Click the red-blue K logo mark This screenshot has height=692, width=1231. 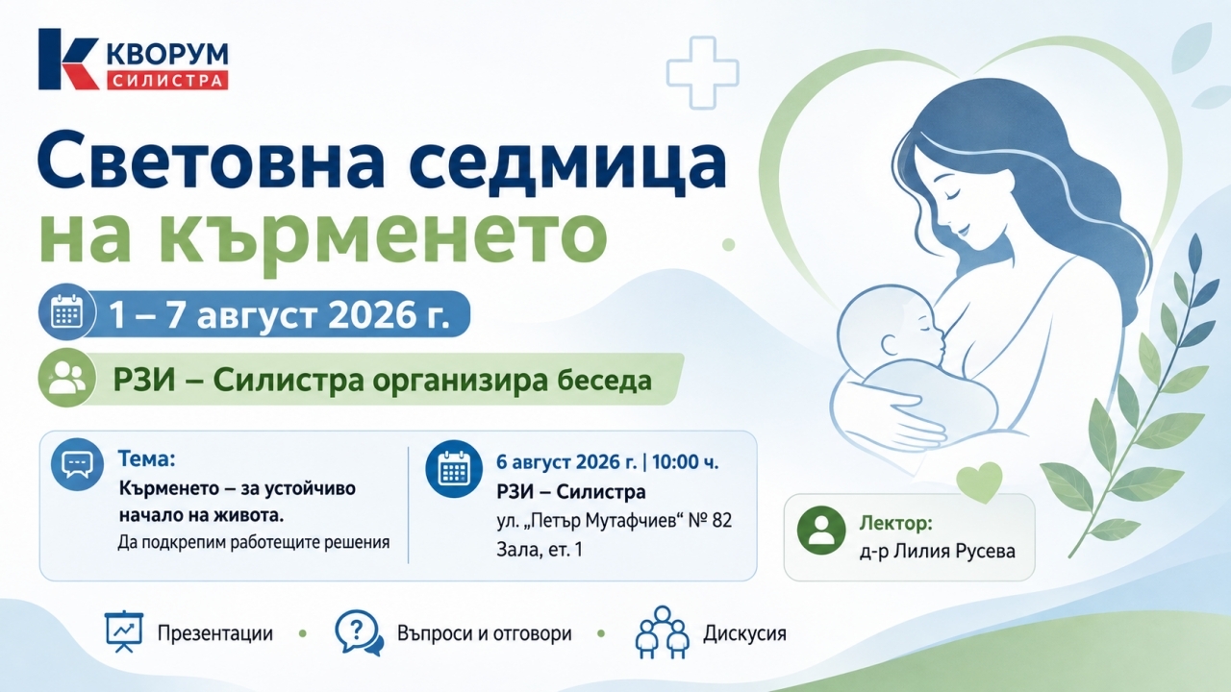click(68, 60)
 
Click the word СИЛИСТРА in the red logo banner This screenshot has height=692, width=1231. click(167, 80)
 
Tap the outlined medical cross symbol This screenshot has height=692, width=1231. click(702, 72)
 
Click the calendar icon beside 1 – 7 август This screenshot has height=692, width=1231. click(67, 312)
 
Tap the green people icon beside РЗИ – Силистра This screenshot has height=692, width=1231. click(67, 378)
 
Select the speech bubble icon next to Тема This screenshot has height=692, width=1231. click(77, 464)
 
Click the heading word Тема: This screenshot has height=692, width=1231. click(146, 458)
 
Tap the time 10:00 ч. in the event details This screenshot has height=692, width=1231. click(686, 462)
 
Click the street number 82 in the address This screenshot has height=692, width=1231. click(721, 520)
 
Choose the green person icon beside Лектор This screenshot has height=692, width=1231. click(821, 530)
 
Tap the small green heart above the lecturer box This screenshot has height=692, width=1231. click(979, 482)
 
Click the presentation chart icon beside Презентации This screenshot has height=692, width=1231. click(124, 631)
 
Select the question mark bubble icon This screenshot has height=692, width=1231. click(360, 632)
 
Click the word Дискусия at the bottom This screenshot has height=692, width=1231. click(744, 633)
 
